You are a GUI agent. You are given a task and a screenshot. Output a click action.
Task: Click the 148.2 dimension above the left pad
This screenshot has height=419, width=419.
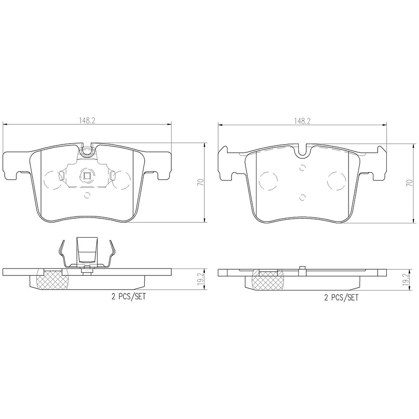pos(87,121)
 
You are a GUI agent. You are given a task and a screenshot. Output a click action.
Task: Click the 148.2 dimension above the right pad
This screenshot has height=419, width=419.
pos(302,121)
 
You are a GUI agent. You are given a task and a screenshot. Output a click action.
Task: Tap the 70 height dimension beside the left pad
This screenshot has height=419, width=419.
pos(200,182)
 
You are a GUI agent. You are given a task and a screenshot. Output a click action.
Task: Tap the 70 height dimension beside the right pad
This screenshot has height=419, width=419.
pos(408,182)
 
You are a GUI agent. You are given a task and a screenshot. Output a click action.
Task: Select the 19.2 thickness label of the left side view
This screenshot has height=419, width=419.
pos(200,279)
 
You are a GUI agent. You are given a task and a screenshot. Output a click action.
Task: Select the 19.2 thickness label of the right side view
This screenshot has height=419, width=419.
pos(405,279)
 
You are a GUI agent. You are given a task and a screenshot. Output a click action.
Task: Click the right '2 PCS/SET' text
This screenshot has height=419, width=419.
pos(341,297)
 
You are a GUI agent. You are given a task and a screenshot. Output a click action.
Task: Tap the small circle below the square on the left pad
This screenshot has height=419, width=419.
pos(87,194)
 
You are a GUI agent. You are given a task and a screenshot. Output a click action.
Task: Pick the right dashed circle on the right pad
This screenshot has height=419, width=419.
pos(337,181)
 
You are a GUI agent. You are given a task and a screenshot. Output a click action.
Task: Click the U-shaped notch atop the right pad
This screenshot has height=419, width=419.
pos(302,150)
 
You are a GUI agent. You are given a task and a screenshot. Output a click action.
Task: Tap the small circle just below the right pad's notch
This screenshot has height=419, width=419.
pos(302,167)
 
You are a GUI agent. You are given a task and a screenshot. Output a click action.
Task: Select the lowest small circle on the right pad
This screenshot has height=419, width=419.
pos(302,198)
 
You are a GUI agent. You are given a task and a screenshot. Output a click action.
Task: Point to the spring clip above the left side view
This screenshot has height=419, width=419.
pos(87,253)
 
